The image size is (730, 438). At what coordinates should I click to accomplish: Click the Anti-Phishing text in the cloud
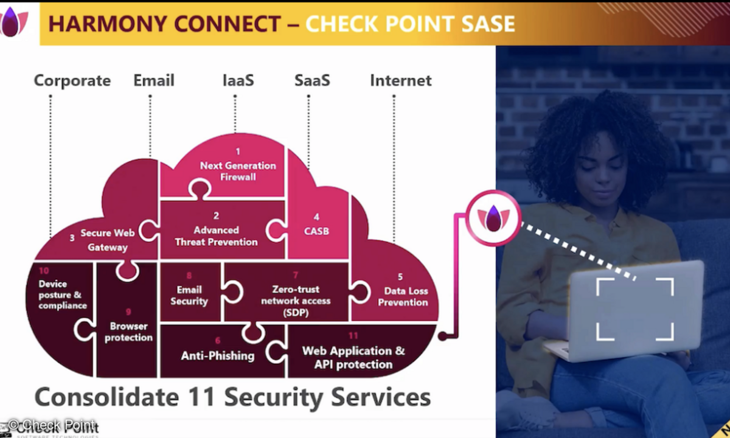217,355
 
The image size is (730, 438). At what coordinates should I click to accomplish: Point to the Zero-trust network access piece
296,301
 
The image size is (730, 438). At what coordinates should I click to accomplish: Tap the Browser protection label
128,332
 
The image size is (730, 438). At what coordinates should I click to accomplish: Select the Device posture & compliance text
62,294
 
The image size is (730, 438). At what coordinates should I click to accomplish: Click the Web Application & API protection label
353,358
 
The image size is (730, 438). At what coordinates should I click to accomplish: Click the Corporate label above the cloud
72,80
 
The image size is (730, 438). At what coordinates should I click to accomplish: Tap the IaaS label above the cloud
237,80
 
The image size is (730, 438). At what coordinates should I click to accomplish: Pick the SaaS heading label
312,80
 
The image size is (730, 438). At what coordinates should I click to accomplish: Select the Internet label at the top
401,80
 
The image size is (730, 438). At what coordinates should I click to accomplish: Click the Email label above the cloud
154,80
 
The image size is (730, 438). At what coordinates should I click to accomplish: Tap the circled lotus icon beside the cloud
493,217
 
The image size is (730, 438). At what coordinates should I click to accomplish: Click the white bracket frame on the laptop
634,309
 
